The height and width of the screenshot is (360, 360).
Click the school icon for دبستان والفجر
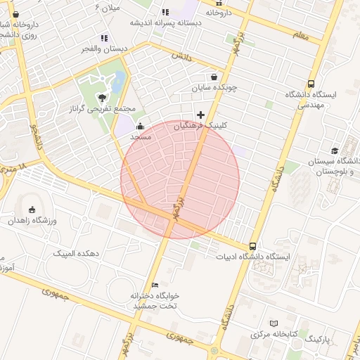coord(104,38)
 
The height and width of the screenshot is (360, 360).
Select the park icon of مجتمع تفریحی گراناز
coord(103,97)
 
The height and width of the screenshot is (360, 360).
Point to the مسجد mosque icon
coord(140,127)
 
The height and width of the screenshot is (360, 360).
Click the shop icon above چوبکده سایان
coord(214,77)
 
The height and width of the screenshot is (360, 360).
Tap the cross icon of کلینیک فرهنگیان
coord(200,115)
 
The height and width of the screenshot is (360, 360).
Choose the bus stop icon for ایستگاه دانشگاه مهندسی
coord(311,82)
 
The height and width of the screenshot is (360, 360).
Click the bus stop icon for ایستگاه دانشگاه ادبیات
coord(252,246)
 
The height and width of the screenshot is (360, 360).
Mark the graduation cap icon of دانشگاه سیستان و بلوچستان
coord(335,150)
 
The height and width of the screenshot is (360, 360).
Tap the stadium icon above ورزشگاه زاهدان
coord(32,210)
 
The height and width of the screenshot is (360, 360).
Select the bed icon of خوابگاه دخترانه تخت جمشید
coord(155,285)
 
